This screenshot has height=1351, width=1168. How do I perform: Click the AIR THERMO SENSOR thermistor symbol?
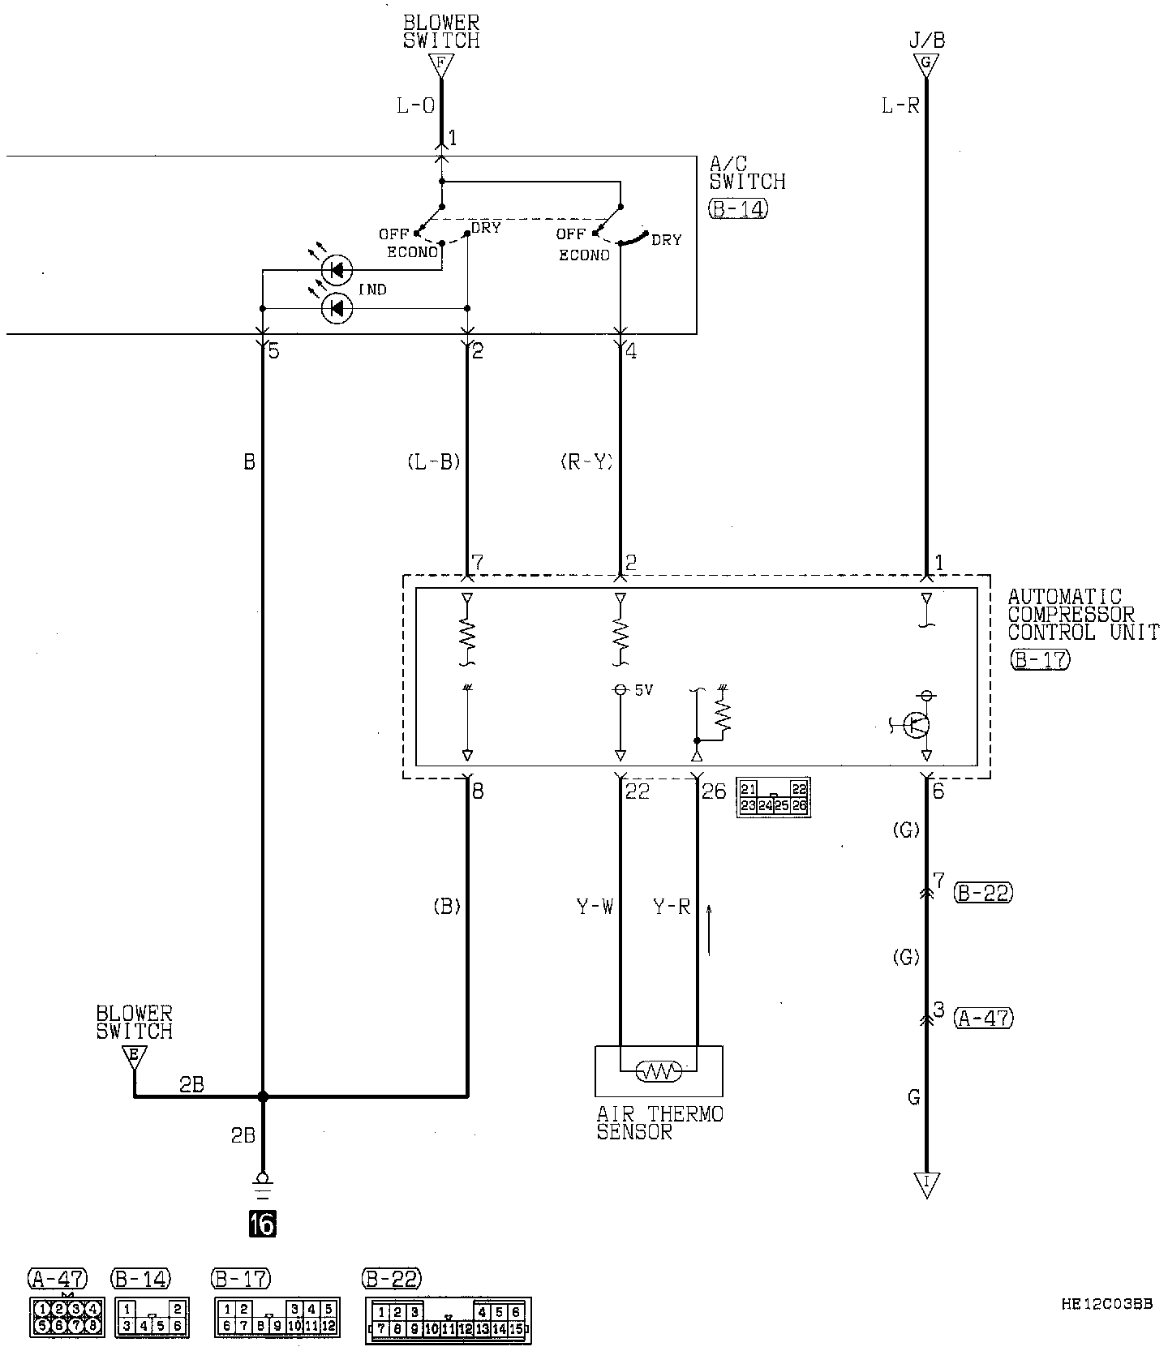click(659, 1071)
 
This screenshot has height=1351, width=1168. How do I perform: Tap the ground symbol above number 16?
click(263, 1186)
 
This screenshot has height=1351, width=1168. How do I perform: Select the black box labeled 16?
click(263, 1224)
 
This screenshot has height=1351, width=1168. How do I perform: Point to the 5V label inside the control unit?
click(643, 690)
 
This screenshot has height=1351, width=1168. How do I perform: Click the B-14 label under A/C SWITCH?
click(737, 208)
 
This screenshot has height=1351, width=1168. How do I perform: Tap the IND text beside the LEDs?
click(372, 289)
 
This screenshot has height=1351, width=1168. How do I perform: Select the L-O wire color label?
click(414, 105)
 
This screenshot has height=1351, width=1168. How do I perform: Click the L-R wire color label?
click(900, 105)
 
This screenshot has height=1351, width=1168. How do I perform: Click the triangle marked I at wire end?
click(925, 1184)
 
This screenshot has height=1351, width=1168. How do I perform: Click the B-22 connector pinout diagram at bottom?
click(448, 1319)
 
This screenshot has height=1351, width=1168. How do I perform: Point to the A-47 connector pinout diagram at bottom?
click(67, 1317)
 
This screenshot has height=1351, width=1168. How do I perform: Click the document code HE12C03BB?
click(1106, 1305)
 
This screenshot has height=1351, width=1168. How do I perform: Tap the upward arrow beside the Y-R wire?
click(711, 929)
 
